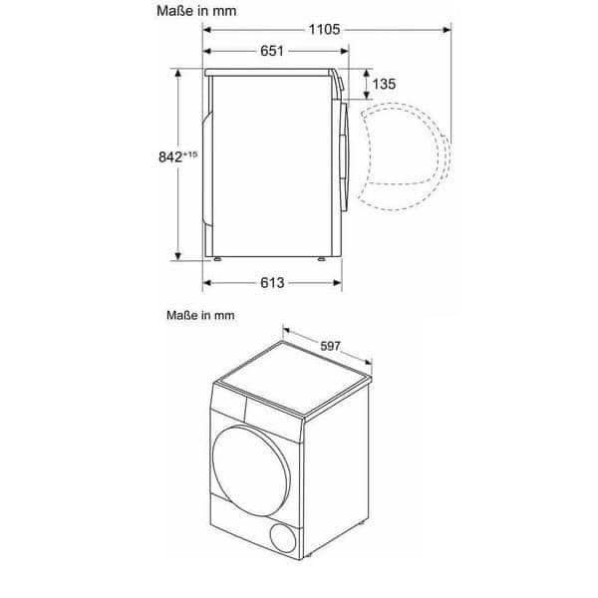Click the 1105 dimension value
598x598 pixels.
click(324, 29)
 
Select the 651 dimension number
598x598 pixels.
click(272, 51)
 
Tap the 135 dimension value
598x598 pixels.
click(384, 84)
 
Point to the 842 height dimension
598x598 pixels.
click(170, 156)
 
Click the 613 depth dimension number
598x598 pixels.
click(272, 283)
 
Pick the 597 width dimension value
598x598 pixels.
click(330, 346)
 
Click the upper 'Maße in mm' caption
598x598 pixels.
click(196, 11)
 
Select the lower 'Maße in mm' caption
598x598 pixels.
click(200, 315)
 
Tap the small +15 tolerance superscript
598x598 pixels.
click(190, 154)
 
